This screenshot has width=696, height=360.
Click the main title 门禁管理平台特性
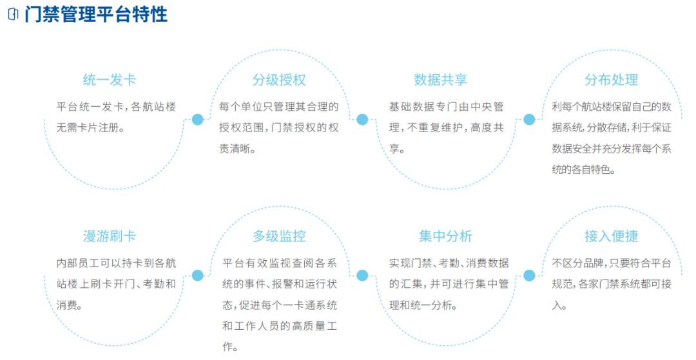pyautogui.click(x=96, y=14)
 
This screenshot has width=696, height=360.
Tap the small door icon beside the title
pyautogui.click(x=14, y=14)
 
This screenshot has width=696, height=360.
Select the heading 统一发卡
pyautogui.click(x=109, y=80)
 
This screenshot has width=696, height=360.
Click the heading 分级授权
pyautogui.click(x=279, y=80)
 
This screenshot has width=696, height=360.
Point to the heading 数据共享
pyautogui.click(x=440, y=80)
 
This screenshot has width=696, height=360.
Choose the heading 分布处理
pyautogui.click(x=611, y=80)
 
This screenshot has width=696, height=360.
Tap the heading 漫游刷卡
pyautogui.click(x=109, y=236)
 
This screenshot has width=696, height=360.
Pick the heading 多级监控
pyautogui.click(x=279, y=236)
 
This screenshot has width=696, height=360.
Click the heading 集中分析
pyautogui.click(x=445, y=236)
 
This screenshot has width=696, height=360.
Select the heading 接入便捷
pyautogui.click(x=611, y=236)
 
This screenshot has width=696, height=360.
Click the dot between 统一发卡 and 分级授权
pyautogui.click(x=198, y=119)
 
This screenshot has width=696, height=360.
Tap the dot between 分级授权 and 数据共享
pyautogui.click(x=362, y=119)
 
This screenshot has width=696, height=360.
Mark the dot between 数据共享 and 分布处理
pyautogui.click(x=529, y=119)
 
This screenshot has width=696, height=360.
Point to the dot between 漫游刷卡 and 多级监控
pyautogui.click(x=198, y=276)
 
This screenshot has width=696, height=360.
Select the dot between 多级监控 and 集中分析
pyautogui.click(x=362, y=276)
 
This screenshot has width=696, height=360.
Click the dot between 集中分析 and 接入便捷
pyautogui.click(x=529, y=276)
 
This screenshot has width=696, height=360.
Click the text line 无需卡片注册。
pyautogui.click(x=90, y=128)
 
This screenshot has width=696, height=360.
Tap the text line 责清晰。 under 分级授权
pyautogui.click(x=237, y=149)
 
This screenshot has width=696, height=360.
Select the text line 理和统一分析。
pyautogui.click(x=423, y=305)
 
